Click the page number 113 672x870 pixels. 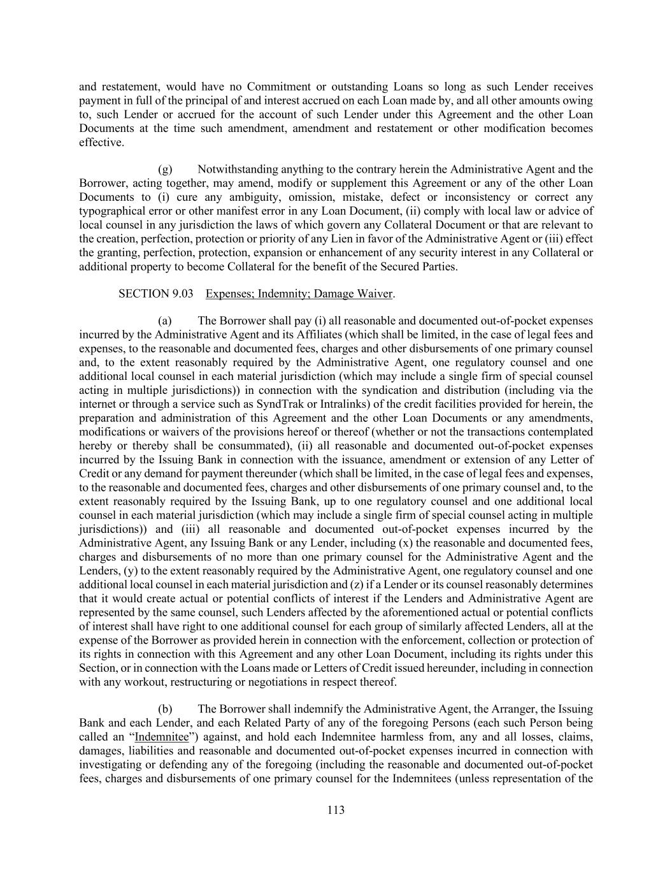click(336, 810)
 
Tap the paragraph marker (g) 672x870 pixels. click(165, 170)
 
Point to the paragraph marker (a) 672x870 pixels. click(165, 321)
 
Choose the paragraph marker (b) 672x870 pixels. click(165, 709)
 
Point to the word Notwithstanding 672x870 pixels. click(238, 170)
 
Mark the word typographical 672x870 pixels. click(110, 211)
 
